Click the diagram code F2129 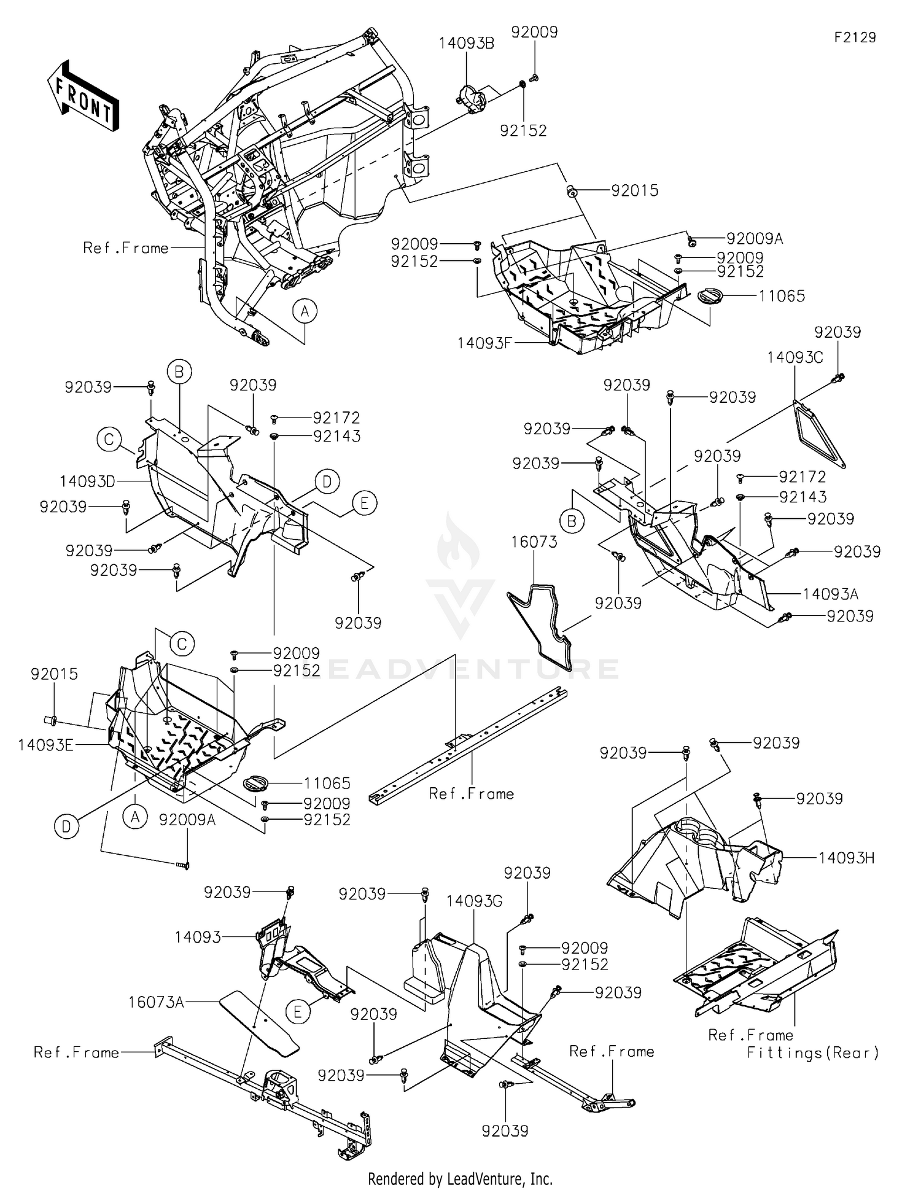pyautogui.click(x=855, y=37)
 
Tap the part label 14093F pyautogui.click(x=484, y=343)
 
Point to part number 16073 pyautogui.click(x=534, y=542)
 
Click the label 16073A pyautogui.click(x=156, y=1002)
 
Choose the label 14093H pyautogui.click(x=847, y=858)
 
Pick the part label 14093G pyautogui.click(x=474, y=901)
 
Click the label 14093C pyautogui.click(x=795, y=357)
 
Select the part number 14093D pyautogui.click(x=87, y=481)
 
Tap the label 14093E pyautogui.click(x=45, y=745)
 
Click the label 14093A pyautogui.click(x=830, y=594)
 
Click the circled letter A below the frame pyautogui.click(x=305, y=311)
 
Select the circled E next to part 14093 pyautogui.click(x=298, y=1011)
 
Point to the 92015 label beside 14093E pyautogui.click(x=54, y=674)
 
